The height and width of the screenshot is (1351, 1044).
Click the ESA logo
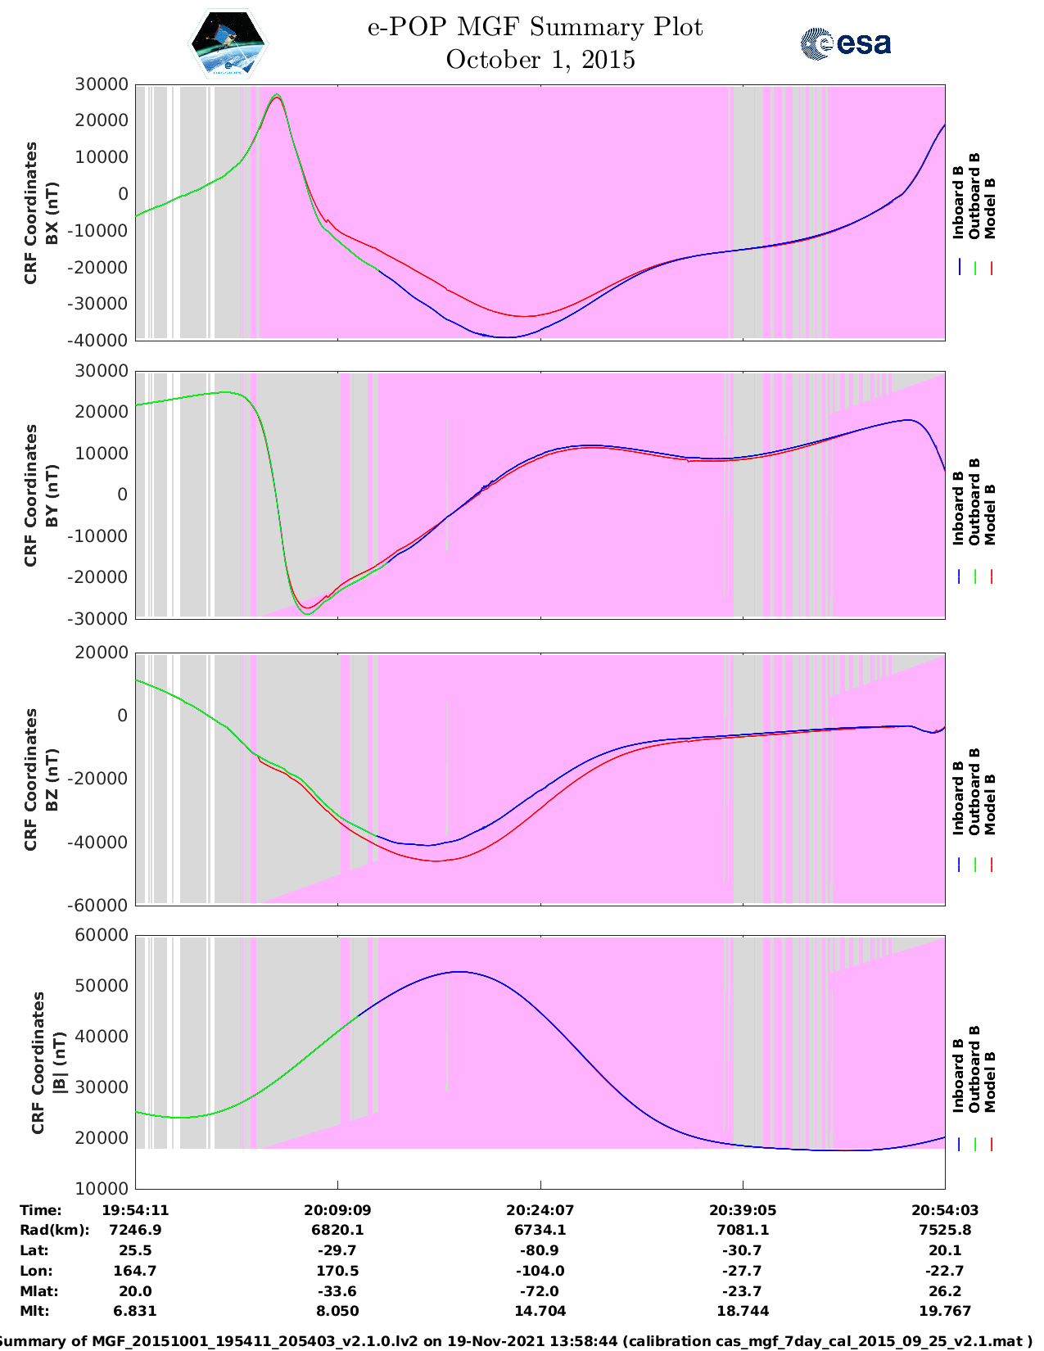[x=845, y=43]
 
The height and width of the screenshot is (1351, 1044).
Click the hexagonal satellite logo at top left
[x=228, y=43]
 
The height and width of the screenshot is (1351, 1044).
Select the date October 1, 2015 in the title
[x=540, y=60]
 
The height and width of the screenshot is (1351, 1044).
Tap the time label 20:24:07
[x=540, y=1209]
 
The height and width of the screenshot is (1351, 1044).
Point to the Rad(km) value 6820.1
[x=337, y=1230]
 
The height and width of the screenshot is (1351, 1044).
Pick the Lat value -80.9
[x=540, y=1250]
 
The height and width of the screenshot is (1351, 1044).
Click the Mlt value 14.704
[x=540, y=1311]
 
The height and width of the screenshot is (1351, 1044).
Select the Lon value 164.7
[x=135, y=1271]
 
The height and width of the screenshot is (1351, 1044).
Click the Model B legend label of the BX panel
[x=990, y=208]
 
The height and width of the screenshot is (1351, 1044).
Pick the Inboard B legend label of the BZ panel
[x=958, y=798]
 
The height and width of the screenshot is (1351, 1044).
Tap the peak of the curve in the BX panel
[x=277, y=95]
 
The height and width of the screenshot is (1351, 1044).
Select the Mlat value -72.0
[x=540, y=1291]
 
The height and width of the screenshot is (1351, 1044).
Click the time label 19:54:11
[x=135, y=1209]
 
